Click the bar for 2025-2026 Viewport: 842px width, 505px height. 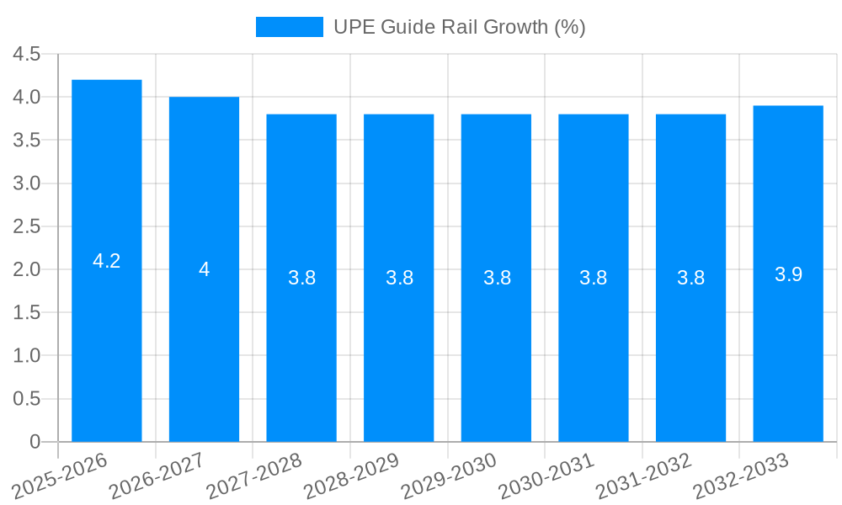click(107, 337)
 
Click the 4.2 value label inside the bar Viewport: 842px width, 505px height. click(107, 261)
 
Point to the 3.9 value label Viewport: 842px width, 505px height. click(788, 274)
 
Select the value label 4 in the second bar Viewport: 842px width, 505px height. click(204, 269)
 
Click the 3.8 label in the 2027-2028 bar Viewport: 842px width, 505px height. click(301, 278)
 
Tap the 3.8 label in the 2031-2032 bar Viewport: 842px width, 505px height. click(690, 278)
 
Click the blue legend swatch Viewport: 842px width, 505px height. click(289, 27)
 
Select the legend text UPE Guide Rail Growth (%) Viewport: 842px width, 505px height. click(459, 27)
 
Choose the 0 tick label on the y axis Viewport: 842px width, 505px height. click(35, 442)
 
